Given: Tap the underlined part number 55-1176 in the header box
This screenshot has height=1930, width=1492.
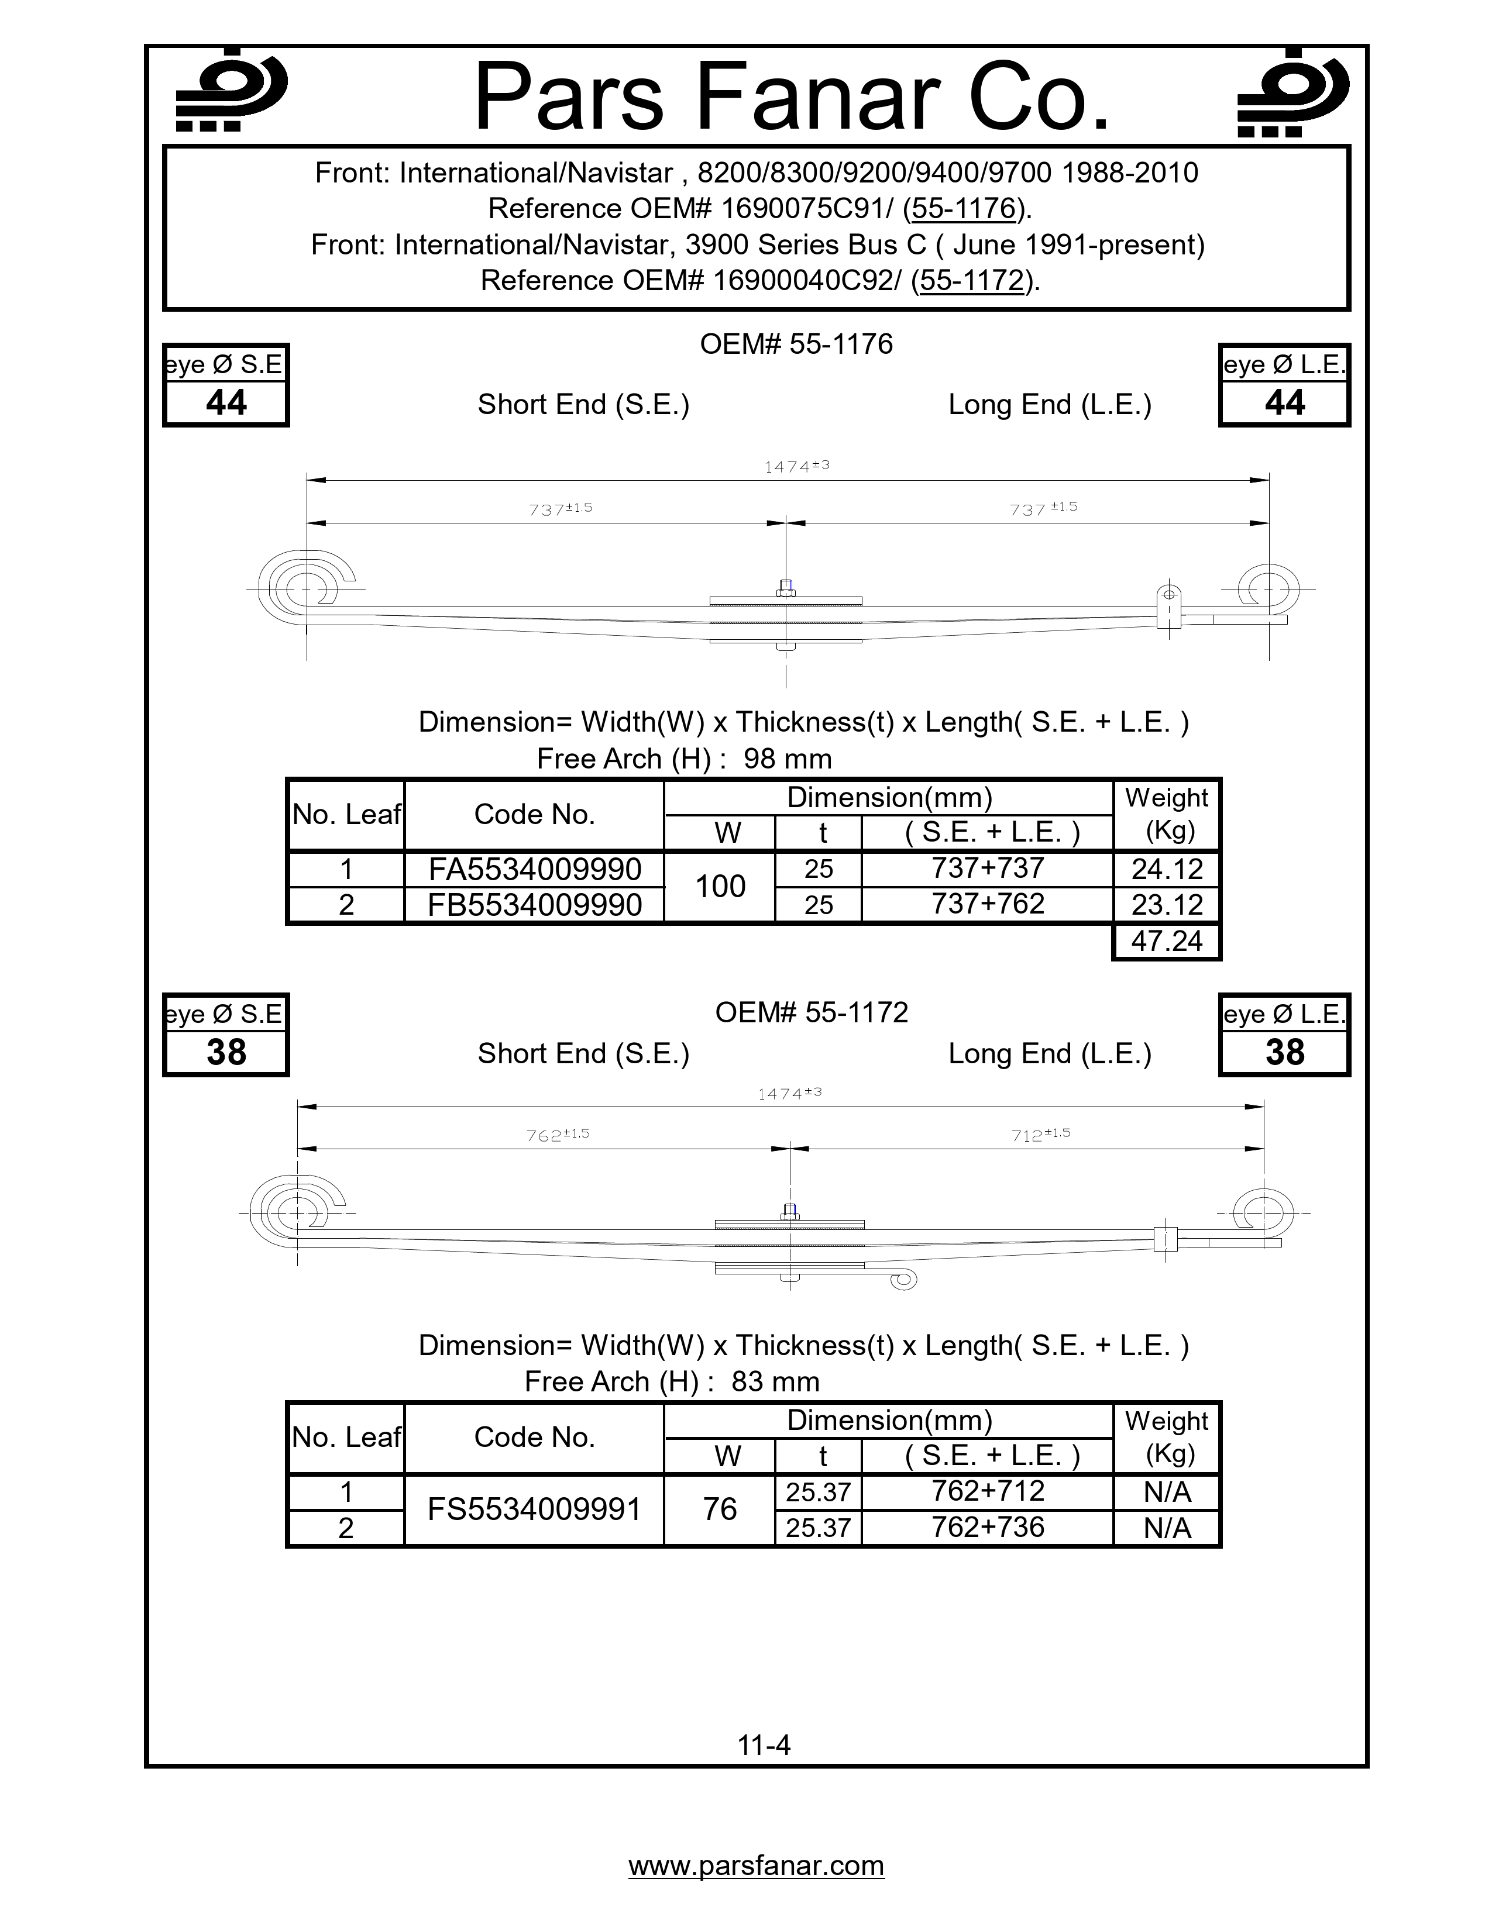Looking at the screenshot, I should point(964,209).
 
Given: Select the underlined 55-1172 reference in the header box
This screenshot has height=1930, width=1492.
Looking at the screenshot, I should point(971,280).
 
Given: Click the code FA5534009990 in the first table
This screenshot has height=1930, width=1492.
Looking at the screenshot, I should point(535,870).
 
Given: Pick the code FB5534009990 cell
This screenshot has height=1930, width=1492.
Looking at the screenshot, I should point(535,905).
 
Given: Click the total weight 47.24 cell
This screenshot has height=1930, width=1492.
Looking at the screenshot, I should point(1167,941).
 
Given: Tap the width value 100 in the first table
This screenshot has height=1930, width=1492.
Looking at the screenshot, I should point(720,887).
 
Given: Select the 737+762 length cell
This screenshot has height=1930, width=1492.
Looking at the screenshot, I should point(987,904).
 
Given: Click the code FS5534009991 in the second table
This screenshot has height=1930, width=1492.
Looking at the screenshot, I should point(535,1509).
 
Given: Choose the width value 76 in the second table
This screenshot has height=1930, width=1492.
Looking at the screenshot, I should point(720,1509).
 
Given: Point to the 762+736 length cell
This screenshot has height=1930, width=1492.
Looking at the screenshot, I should point(987,1527).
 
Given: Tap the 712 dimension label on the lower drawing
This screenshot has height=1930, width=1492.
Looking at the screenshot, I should point(1040,1135).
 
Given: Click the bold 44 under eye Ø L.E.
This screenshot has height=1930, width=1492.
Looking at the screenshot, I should point(1284,403).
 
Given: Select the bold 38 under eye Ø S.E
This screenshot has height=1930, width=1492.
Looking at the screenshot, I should point(226,1053).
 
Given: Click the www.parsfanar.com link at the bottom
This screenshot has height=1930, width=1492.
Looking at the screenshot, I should point(757,1866).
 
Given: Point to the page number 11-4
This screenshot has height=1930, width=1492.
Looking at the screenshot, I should point(765,1745).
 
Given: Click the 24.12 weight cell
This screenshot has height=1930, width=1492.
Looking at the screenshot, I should point(1167,870).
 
